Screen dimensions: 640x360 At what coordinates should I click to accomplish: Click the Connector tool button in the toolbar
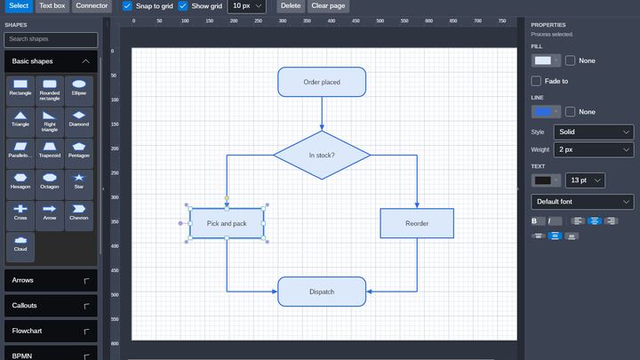click(x=92, y=5)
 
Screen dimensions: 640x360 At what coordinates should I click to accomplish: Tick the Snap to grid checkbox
click(x=127, y=6)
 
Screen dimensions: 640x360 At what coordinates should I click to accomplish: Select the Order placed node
click(x=322, y=82)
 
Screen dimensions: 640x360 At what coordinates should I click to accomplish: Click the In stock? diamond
click(x=322, y=155)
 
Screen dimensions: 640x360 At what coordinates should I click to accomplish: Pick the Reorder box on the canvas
click(x=417, y=223)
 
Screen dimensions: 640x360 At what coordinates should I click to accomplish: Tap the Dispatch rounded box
click(x=322, y=292)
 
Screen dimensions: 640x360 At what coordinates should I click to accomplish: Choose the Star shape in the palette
click(x=79, y=181)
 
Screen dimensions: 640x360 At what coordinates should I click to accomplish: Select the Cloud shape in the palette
click(x=20, y=244)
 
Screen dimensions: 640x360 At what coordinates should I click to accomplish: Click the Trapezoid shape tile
click(x=50, y=150)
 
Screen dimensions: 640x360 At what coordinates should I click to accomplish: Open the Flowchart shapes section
click(x=51, y=331)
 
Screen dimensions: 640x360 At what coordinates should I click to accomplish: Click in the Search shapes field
click(x=51, y=39)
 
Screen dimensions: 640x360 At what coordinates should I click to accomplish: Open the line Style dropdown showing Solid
click(x=594, y=132)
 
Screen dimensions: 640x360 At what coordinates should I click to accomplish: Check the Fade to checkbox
click(x=536, y=81)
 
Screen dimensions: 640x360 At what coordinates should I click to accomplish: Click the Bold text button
click(x=535, y=220)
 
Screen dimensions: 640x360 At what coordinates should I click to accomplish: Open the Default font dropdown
click(x=582, y=202)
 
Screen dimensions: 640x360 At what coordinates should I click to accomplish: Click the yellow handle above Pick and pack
click(x=227, y=198)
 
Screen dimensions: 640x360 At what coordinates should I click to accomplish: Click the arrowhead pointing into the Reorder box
click(x=417, y=205)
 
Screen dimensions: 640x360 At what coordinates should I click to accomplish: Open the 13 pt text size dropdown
click(x=585, y=180)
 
